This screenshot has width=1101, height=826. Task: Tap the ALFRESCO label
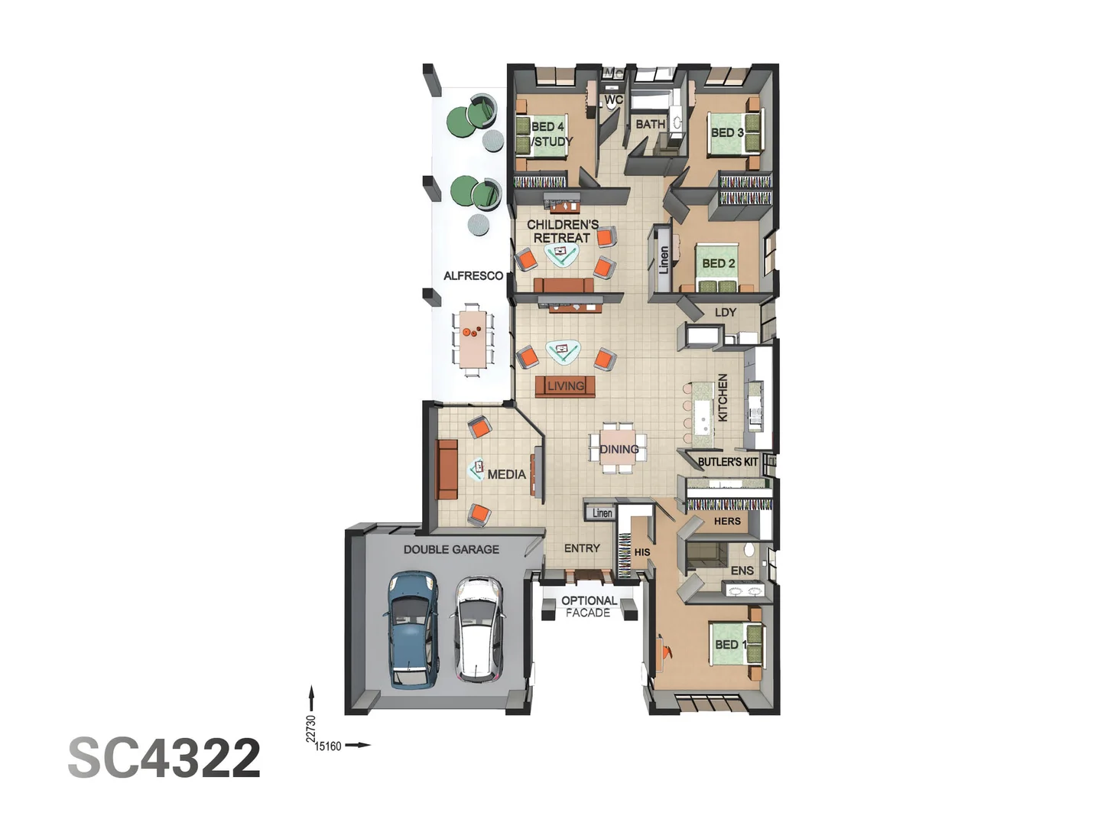click(x=473, y=276)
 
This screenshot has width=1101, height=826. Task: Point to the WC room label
click(x=613, y=99)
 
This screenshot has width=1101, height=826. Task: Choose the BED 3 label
click(x=727, y=133)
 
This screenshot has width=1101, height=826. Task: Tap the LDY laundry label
click(x=726, y=313)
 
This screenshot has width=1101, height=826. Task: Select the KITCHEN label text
click(x=723, y=397)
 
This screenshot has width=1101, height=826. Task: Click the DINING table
click(x=619, y=448)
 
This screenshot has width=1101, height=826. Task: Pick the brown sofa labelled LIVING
click(x=565, y=386)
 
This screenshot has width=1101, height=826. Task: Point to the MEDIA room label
click(x=507, y=474)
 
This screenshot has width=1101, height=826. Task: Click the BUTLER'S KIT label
click(x=728, y=462)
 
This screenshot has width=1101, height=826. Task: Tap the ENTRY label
click(x=582, y=548)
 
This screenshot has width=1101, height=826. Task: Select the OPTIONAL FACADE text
click(x=589, y=606)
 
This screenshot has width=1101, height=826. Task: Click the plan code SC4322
click(x=164, y=758)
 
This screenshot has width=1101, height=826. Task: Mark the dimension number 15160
click(x=327, y=746)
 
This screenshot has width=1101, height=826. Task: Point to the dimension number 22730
click(x=311, y=729)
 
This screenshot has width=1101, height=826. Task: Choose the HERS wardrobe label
click(x=727, y=521)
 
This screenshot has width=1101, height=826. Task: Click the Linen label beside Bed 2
click(x=664, y=260)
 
